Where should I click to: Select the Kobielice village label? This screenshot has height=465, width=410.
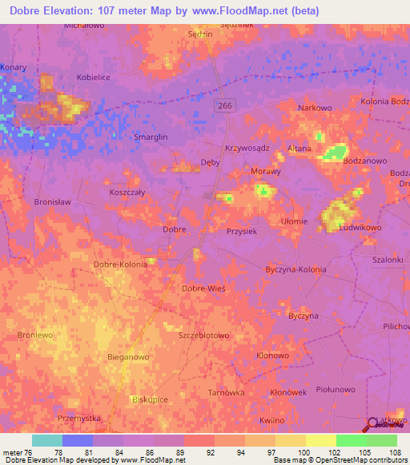(x=93, y=77)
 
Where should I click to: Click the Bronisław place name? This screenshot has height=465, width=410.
(x=53, y=202)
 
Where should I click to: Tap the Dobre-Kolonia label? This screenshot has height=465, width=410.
(x=120, y=264)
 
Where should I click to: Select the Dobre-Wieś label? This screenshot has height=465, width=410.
(x=203, y=288)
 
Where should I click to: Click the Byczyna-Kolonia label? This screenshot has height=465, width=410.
(x=295, y=269)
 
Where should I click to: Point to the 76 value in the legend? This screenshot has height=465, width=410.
(x=30, y=453)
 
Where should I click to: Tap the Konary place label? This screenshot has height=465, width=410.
(x=14, y=67)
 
